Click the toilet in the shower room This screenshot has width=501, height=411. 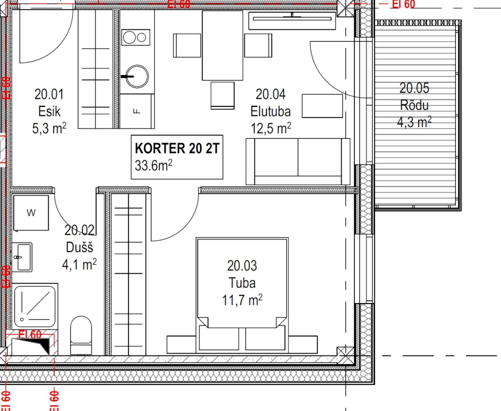pyautogui.click(x=81, y=335)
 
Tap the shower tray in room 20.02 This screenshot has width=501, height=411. pyautogui.click(x=34, y=306)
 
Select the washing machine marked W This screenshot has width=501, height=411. pyautogui.click(x=31, y=213)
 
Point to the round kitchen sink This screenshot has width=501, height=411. pyautogui.click(x=137, y=77)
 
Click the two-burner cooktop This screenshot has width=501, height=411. pyautogui.click(x=136, y=38)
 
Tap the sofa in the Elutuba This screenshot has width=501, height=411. pyautogui.click(x=298, y=161)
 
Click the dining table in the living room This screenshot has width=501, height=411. pyautogui.click(x=222, y=45)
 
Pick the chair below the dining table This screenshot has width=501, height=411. pyautogui.click(x=222, y=96)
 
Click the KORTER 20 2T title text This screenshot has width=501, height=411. pyautogui.click(x=177, y=148)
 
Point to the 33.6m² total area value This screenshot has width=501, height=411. pyautogui.click(x=153, y=165)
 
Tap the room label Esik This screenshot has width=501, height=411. pyautogui.click(x=49, y=111)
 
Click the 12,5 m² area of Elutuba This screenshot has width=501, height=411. pyautogui.click(x=271, y=128)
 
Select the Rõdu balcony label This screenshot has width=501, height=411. pyautogui.click(x=414, y=105)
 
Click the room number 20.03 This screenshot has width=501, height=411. pyautogui.click(x=242, y=266)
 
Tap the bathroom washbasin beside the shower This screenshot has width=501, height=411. pyautogui.click(x=23, y=257)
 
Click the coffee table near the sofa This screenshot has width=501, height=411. pyautogui.click(x=322, y=106)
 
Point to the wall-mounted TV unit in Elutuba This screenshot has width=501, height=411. pyautogui.click(x=292, y=21)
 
